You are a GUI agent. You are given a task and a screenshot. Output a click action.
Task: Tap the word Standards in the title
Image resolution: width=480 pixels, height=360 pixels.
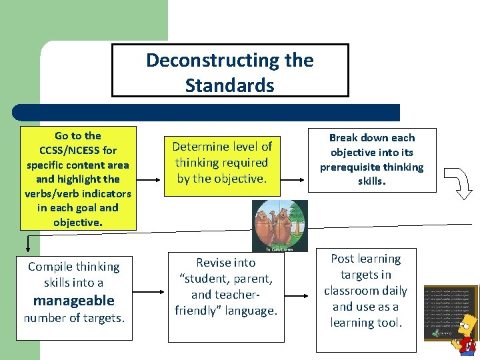click(229, 85)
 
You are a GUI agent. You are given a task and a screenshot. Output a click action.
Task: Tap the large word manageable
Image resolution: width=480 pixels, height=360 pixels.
click(73, 301)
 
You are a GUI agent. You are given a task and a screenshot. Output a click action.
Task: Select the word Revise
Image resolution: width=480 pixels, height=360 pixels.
click(216, 263)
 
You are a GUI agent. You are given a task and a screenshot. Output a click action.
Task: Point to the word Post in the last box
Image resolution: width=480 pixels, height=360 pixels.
click(343, 259)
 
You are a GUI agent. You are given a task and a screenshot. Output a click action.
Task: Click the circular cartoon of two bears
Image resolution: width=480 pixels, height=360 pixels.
click(280, 226)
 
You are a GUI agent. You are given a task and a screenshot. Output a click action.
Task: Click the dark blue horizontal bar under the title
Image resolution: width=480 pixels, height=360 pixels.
click(207, 112)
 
